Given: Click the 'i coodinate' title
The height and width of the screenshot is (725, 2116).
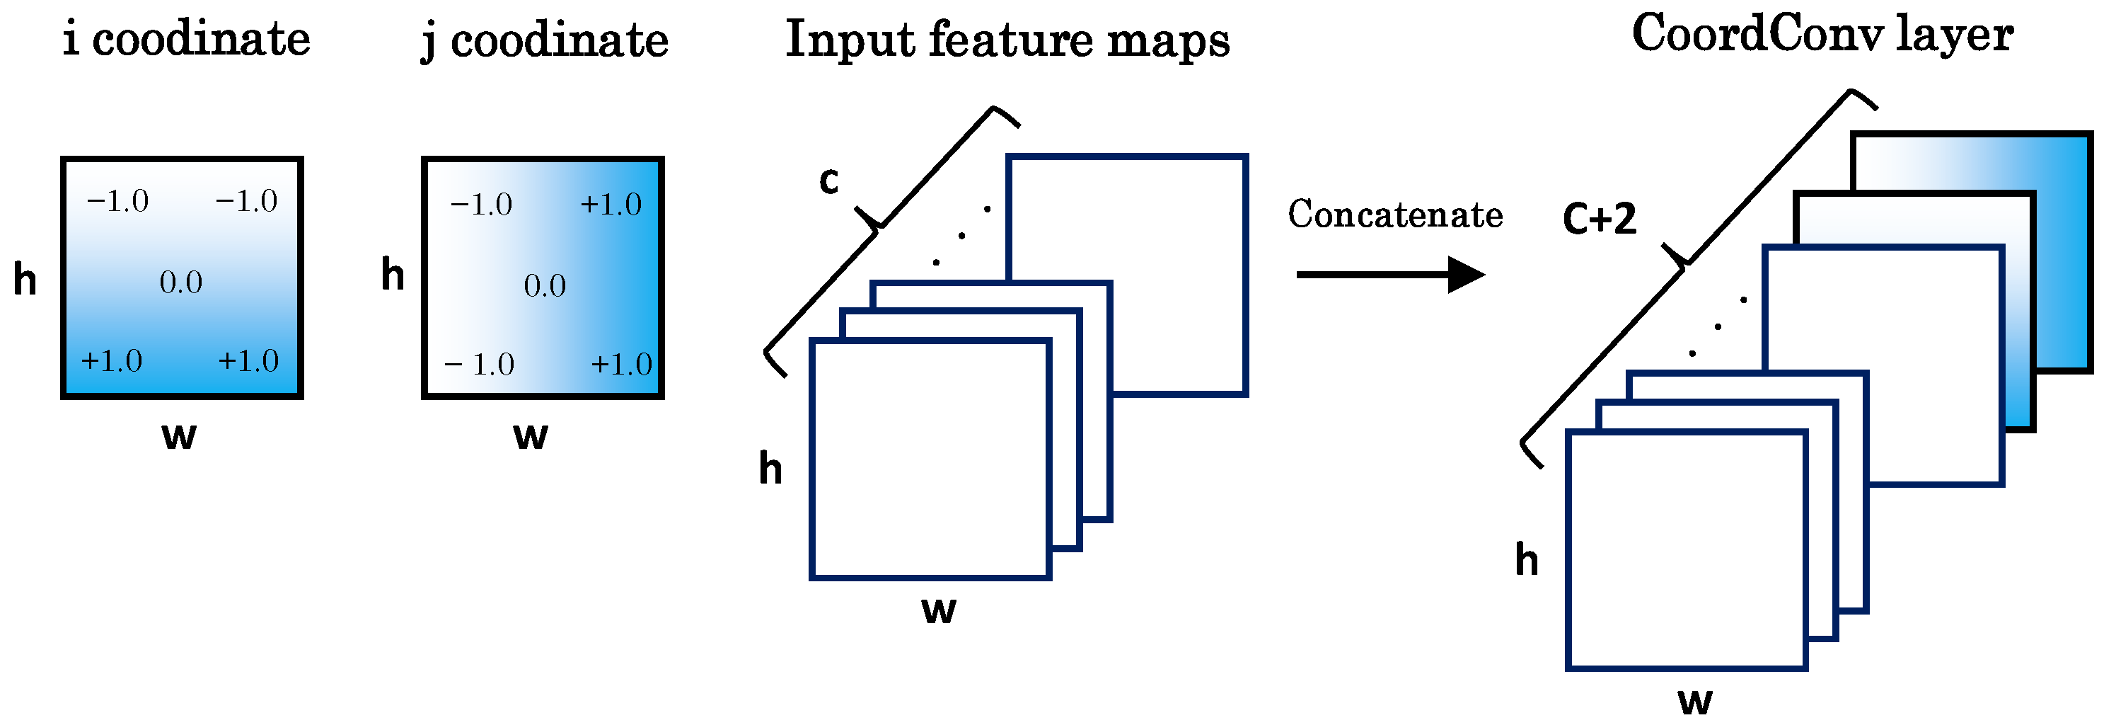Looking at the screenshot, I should click(187, 40).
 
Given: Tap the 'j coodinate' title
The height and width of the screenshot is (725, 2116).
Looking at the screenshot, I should click(545, 41).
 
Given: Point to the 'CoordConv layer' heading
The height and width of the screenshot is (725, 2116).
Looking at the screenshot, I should click(1822, 35).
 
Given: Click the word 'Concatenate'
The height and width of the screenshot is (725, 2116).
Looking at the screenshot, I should click(1395, 215).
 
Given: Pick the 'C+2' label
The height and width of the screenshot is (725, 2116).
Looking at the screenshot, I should click(1599, 219).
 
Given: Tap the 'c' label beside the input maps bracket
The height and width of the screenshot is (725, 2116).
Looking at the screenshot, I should click(829, 180).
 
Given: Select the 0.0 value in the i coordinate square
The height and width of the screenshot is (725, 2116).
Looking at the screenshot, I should click(180, 282).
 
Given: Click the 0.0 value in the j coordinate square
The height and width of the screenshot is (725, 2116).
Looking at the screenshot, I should click(545, 286).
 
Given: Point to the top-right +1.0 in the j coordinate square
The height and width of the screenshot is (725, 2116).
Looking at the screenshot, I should click(611, 205).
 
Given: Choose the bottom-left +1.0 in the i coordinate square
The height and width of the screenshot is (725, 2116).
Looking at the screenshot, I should click(112, 361).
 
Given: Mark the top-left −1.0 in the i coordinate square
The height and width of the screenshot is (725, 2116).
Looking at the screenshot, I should click(117, 201).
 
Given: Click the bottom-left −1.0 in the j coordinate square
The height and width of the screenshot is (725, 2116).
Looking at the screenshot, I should click(480, 364).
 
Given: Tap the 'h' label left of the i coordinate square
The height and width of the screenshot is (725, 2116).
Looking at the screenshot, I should click(25, 280).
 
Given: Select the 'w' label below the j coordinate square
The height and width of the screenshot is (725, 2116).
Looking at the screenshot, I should click(531, 435).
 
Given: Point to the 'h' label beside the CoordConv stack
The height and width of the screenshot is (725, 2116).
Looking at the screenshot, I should click(1526, 560).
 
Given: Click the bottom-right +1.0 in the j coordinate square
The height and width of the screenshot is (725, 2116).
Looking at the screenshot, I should click(621, 364).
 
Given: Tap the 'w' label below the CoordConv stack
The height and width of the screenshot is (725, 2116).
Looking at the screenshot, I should click(1694, 701).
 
